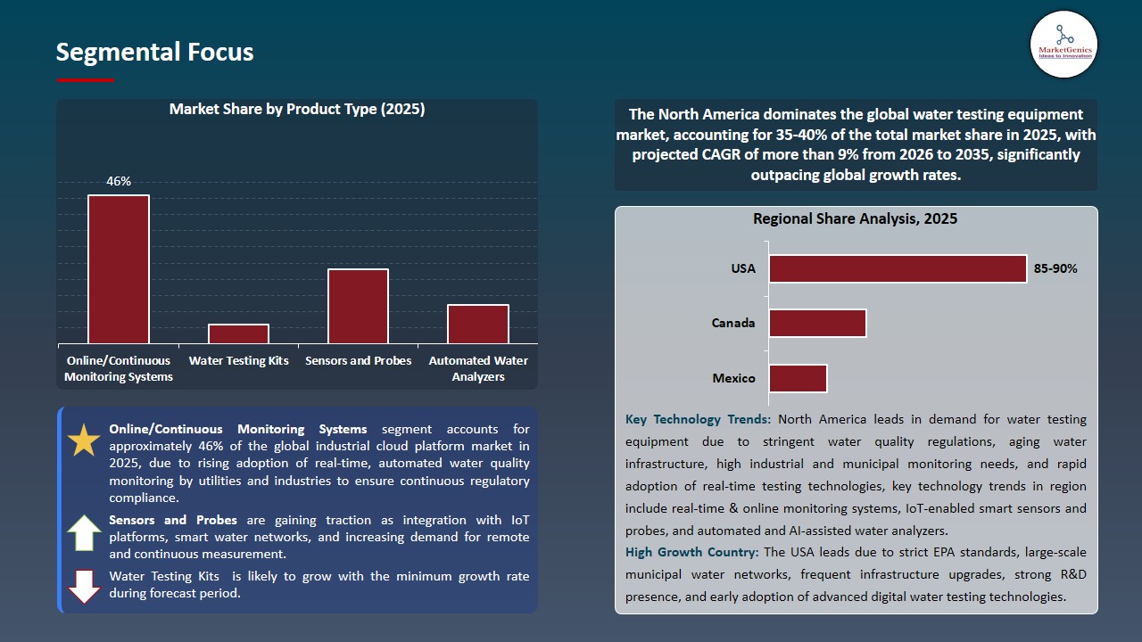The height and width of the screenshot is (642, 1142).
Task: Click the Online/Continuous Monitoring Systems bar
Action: [119, 269]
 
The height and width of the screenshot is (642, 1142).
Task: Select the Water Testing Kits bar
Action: [238, 333]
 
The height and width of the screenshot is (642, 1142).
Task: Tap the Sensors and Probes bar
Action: [358, 306]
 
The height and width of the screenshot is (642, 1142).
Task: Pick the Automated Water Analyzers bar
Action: [477, 324]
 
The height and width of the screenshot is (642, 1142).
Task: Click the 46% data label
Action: [119, 181]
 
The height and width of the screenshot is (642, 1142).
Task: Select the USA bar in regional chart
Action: [898, 268]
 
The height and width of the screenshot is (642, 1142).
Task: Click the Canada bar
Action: [817, 323]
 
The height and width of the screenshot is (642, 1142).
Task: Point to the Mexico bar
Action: [798, 378]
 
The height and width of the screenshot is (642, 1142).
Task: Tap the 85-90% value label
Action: [1055, 268]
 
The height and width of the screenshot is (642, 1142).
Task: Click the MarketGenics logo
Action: [1063, 44]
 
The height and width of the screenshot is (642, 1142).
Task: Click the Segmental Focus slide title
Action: [154, 53]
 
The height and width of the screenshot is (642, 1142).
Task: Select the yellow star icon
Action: [84, 440]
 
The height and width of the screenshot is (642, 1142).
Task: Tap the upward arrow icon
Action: [84, 533]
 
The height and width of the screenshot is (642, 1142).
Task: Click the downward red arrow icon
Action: [84, 585]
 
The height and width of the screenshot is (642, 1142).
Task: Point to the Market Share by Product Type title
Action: [297, 110]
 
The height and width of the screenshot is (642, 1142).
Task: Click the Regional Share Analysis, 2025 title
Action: [855, 218]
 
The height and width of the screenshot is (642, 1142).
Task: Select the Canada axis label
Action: [733, 323]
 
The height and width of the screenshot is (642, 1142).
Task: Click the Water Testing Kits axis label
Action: [238, 361]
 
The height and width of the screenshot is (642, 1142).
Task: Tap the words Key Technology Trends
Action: [698, 419]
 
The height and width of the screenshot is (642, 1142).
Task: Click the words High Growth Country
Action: [692, 551]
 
